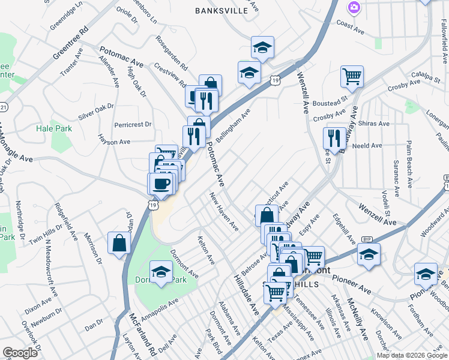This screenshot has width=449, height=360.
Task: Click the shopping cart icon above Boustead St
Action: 351,76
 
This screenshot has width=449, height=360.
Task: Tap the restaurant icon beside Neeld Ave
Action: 334,138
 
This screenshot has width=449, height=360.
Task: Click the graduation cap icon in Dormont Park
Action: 160,272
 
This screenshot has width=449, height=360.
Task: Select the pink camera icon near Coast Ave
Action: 354,7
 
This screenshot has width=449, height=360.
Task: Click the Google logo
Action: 20,353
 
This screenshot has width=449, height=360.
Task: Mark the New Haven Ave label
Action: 224,211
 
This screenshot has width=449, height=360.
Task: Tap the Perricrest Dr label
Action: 133,125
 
